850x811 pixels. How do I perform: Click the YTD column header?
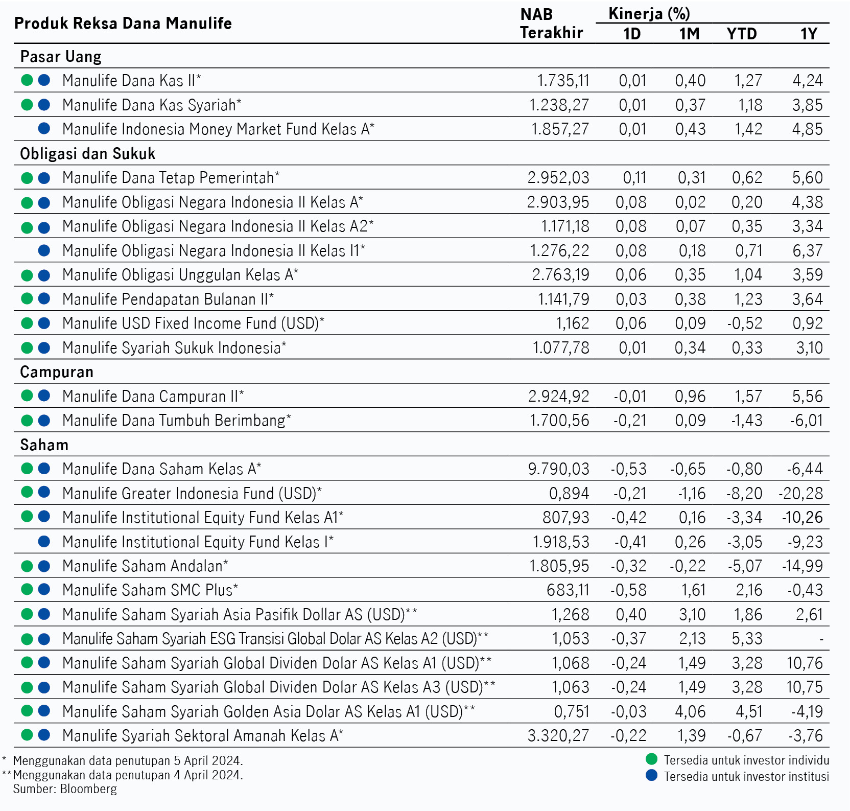click(x=742, y=34)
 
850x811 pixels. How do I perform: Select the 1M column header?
click(x=689, y=34)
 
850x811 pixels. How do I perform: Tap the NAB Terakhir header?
click(x=551, y=24)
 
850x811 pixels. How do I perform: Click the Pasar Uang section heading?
click(x=61, y=56)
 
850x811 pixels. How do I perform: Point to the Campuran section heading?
click(x=57, y=372)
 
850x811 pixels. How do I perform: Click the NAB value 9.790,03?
click(x=559, y=469)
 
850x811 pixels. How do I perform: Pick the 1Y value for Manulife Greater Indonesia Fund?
click(x=801, y=493)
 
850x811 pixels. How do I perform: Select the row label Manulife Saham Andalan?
click(x=145, y=566)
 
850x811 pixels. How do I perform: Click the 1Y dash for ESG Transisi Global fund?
click(x=821, y=639)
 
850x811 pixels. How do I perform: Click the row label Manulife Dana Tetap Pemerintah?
click(x=171, y=177)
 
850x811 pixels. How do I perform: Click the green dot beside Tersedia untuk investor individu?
click(x=651, y=759)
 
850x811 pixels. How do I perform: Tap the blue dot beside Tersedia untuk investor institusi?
click(x=651, y=776)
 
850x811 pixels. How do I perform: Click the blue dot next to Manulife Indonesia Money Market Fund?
click(x=44, y=129)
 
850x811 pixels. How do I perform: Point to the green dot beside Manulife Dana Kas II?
click(x=27, y=80)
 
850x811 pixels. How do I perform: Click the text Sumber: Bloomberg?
click(x=65, y=789)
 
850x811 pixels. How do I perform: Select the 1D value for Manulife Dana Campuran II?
click(x=630, y=396)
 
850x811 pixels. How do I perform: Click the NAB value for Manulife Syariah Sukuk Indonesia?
click(x=561, y=347)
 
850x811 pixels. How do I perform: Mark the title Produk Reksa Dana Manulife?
click(x=123, y=24)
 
